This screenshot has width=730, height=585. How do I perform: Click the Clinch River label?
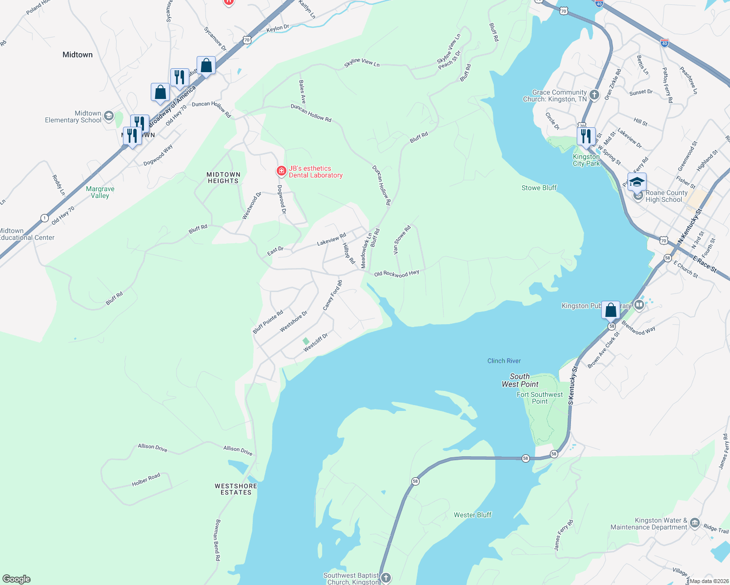click(504, 361)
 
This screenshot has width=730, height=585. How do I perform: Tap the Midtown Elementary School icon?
click(109, 116)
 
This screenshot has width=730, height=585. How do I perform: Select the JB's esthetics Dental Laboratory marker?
click(281, 171)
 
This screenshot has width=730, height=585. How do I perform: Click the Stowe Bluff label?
click(539, 188)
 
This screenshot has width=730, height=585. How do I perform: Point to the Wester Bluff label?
click(472, 515)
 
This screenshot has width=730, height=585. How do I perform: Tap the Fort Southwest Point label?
click(540, 398)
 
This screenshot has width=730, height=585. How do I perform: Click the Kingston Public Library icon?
click(639, 305)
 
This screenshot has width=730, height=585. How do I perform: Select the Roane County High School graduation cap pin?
click(637, 183)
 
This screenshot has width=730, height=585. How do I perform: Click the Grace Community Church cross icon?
click(594, 95)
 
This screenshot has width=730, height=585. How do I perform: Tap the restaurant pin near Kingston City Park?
click(586, 136)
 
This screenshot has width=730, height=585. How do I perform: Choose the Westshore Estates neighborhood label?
click(236, 489)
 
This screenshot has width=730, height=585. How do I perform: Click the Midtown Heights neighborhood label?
click(223, 177)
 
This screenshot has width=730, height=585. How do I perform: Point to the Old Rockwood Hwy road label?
click(396, 273)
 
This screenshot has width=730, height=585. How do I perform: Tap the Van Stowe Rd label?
click(402, 239)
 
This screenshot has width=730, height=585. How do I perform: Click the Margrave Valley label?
click(100, 192)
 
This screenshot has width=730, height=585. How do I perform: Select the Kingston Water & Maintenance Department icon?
click(695, 524)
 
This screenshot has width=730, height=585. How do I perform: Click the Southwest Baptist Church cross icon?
click(385, 578)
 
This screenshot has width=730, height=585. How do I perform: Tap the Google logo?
click(17, 579)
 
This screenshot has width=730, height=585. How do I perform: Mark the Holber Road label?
click(146, 480)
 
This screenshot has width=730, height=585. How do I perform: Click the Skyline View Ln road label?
click(362, 62)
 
